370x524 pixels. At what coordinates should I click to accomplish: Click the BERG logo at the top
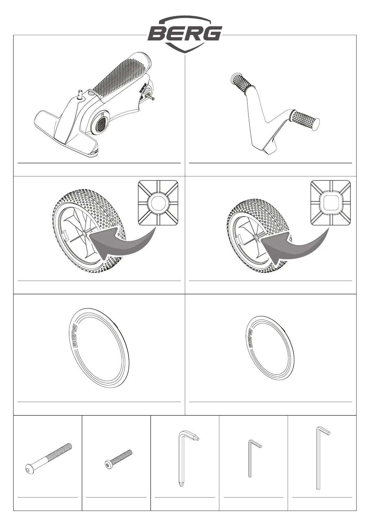[185, 34]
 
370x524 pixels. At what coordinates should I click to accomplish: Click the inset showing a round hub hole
[158, 203]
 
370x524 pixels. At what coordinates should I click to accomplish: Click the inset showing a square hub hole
[331, 203]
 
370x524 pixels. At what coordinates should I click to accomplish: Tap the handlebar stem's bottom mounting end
[269, 149]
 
